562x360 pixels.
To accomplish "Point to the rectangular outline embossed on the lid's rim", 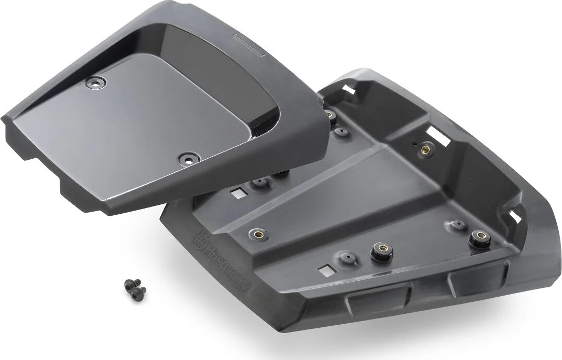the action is click(x=250, y=45).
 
